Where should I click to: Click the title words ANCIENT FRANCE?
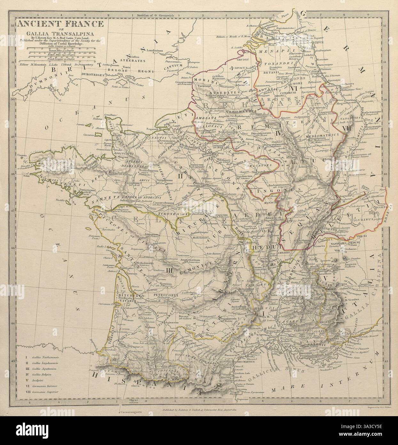[x=60, y=24]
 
